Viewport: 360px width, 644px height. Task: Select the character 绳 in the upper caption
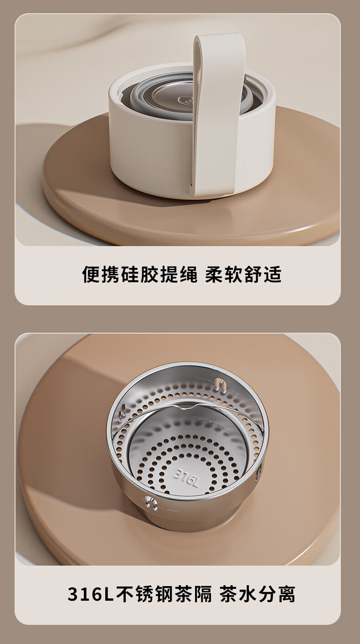[188, 274]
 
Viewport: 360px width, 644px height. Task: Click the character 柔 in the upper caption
[214, 274]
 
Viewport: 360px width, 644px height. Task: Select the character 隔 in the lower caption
[203, 594]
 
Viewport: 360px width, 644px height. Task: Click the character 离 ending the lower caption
[286, 594]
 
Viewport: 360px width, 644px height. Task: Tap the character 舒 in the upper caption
[253, 274]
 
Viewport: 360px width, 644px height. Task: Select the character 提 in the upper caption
[169, 274]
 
